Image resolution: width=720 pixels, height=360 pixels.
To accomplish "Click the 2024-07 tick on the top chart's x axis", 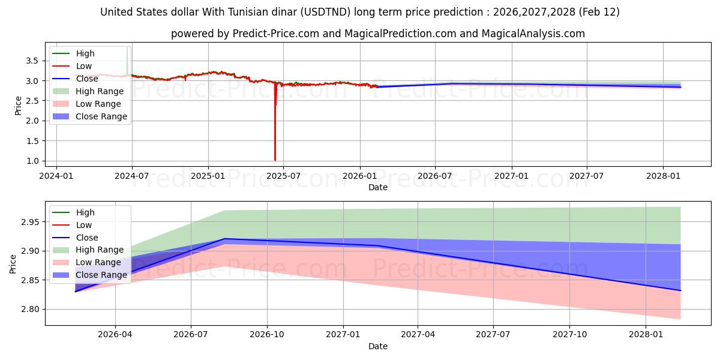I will click(131, 176).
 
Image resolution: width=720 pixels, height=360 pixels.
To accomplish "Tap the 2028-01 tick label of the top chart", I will click(663, 176).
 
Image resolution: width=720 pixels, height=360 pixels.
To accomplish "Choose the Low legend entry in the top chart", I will click(85, 66).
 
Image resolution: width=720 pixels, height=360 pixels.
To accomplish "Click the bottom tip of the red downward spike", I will click(275, 160).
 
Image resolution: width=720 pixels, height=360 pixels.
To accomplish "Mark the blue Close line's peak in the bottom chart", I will click(224, 239).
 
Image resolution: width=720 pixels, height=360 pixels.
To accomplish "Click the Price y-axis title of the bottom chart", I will click(13, 263).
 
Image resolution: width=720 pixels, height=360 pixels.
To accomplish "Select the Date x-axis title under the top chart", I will click(378, 187).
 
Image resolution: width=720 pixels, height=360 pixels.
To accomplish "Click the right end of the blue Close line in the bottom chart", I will click(680, 290).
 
